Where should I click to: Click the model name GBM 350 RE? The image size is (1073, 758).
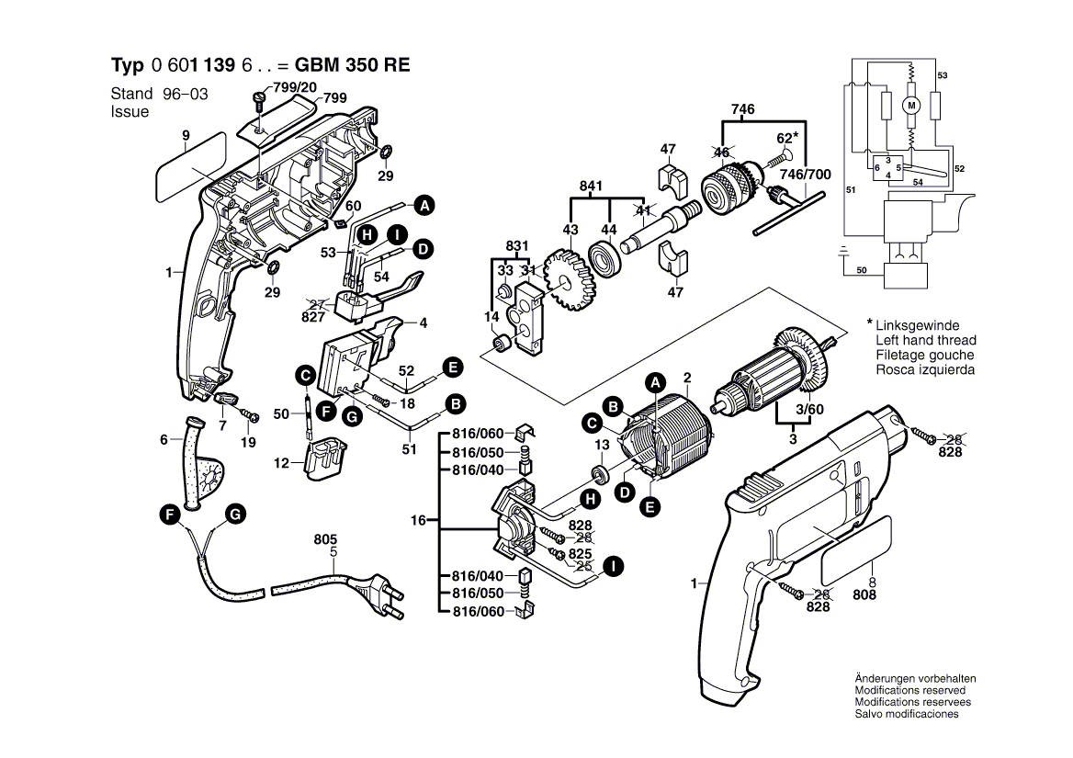351,66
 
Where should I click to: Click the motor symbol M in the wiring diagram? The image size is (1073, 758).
911,106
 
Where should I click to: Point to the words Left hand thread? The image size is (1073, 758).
925,341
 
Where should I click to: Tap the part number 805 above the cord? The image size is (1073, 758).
325,539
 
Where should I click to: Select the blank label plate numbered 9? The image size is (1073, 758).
191,167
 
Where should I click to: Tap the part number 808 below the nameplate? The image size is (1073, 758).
864,594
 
